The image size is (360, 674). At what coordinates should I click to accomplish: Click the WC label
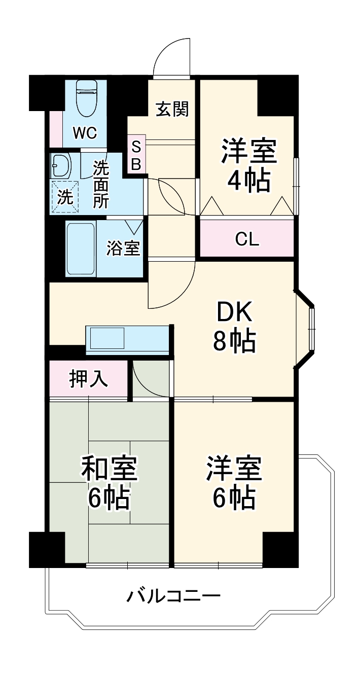[84, 133]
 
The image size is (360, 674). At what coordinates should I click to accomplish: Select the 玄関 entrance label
[172, 109]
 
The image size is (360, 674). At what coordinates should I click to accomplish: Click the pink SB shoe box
[136, 154]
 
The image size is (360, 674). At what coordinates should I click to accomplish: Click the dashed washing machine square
[64, 196]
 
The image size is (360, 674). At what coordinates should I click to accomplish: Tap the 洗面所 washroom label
[101, 185]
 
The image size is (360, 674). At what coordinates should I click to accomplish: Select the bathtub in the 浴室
[81, 249]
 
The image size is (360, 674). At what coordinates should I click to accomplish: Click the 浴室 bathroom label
[123, 249]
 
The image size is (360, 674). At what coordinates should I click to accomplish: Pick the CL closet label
[247, 239]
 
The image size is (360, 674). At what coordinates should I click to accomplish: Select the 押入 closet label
[88, 379]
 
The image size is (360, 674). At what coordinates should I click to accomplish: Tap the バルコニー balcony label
[173, 595]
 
